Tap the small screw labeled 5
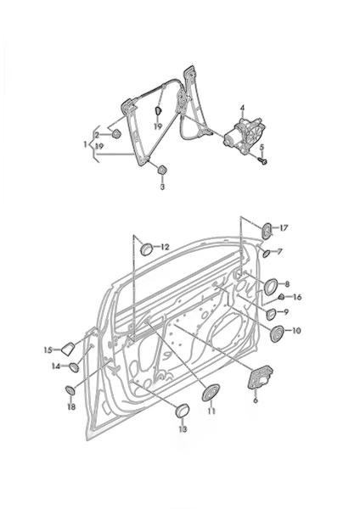(x=263, y=160)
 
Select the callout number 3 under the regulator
(x=162, y=187)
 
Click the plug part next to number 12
(x=147, y=249)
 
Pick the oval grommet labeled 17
(x=267, y=231)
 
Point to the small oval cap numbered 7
(x=266, y=253)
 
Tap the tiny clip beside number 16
(x=282, y=297)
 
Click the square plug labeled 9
(x=271, y=314)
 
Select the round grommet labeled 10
(x=277, y=333)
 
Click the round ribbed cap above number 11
(x=211, y=393)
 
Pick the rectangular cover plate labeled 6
(x=260, y=377)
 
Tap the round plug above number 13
(x=182, y=411)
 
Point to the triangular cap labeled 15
(x=68, y=349)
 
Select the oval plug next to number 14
(x=74, y=367)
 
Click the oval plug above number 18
(x=70, y=390)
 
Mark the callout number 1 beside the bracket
(x=86, y=144)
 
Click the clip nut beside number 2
(x=116, y=133)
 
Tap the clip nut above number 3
(x=162, y=170)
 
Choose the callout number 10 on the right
(x=296, y=331)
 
